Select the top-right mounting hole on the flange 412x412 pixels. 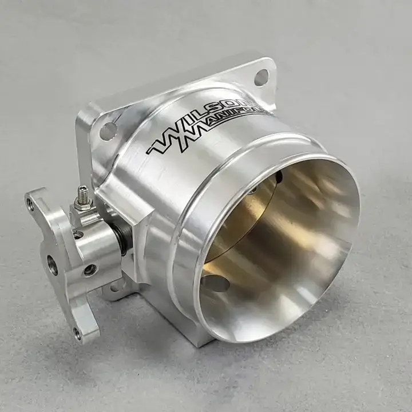click(x=262, y=77)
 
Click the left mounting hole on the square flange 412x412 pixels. click(x=108, y=131)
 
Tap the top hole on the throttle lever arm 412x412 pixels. click(x=30, y=204)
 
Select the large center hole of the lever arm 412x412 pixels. click(x=53, y=263)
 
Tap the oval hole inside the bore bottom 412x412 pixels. click(x=215, y=283)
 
